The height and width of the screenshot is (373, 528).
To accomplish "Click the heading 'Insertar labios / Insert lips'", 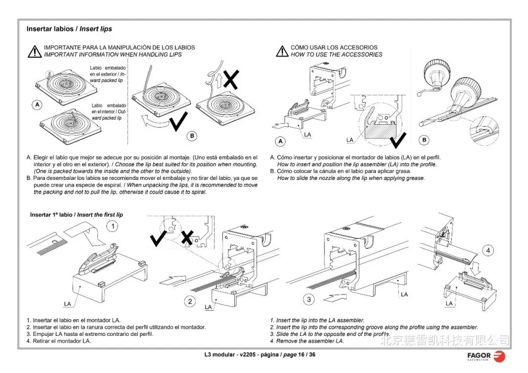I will [69, 29].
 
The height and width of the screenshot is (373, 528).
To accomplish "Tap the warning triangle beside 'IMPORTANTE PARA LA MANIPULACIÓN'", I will [34, 51].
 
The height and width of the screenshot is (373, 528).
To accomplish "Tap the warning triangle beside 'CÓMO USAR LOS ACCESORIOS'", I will [282, 51].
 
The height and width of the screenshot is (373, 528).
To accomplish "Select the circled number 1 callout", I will [113, 226].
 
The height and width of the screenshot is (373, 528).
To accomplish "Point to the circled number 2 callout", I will [190, 301].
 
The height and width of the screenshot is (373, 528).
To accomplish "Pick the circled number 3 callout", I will [309, 299].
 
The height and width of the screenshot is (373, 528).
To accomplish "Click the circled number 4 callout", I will [487, 251].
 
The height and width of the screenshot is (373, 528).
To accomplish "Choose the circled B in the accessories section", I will [424, 140].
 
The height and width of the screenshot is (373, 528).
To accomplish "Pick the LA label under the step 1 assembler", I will [67, 304].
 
